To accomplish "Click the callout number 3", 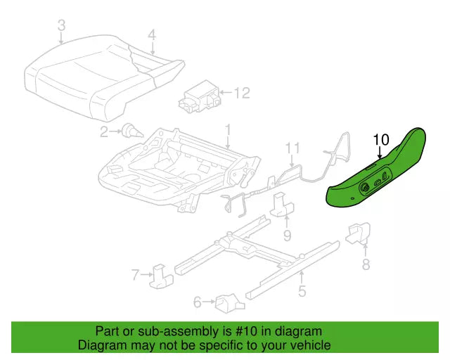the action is tap(62, 25).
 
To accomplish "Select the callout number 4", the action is tap(152, 36).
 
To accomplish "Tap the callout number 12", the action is tap(242, 93).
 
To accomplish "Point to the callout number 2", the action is tap(104, 132).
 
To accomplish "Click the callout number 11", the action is tap(292, 148).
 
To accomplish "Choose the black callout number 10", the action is tap(381, 139).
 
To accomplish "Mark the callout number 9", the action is tap(288, 236).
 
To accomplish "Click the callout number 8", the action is tap(366, 264).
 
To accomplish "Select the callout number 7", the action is tap(136, 274).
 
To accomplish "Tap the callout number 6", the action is tap(198, 302).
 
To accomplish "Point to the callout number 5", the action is tap(302, 291).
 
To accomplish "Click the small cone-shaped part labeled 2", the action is tap(132, 131).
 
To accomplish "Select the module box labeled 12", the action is tap(200, 97).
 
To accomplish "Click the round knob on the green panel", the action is tap(366, 188).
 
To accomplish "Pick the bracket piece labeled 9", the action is tap(282, 206).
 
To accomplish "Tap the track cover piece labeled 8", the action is tap(359, 233).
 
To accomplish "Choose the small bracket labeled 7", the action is tap(161, 276).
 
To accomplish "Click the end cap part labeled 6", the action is tap(230, 303).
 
